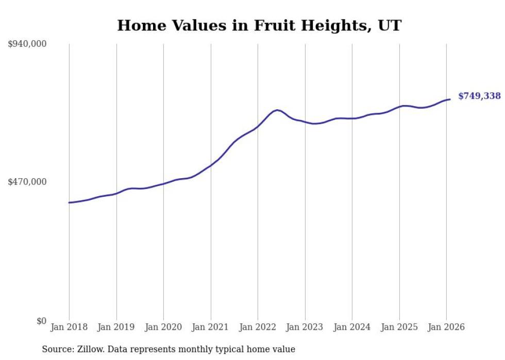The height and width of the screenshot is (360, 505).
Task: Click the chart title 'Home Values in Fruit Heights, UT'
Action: (x=259, y=25)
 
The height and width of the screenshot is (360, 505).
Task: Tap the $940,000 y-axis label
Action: (x=27, y=44)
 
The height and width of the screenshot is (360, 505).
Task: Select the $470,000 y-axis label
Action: (x=27, y=182)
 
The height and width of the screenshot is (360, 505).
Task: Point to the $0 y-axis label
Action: (x=41, y=321)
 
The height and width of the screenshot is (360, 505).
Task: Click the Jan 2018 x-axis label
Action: (x=69, y=327)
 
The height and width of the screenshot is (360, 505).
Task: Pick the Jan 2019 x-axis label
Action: (x=116, y=327)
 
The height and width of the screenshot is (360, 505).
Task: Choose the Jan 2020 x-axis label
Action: (x=163, y=327)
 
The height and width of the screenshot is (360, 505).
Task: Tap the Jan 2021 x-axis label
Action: (x=211, y=327)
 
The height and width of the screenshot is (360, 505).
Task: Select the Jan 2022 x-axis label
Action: (x=258, y=327)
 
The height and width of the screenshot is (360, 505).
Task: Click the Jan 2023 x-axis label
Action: (x=305, y=327)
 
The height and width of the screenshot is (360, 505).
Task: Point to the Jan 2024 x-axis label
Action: (x=352, y=327)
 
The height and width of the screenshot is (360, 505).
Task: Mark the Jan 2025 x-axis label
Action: (x=399, y=327)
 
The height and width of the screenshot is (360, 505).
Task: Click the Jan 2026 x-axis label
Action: (x=446, y=327)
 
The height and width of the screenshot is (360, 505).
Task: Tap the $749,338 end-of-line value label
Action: (x=479, y=96)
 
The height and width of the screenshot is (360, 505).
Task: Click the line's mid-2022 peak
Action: (x=277, y=110)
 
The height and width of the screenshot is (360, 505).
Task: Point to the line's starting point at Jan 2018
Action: (x=69, y=202)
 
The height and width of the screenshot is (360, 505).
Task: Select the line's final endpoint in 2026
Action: (x=450, y=99)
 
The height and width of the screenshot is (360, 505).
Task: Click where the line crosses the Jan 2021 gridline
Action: (x=211, y=165)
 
